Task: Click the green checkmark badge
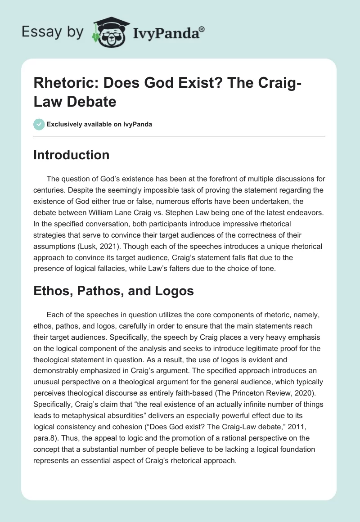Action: (39, 124)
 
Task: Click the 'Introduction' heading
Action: (72, 155)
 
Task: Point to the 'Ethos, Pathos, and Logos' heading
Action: (113, 291)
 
